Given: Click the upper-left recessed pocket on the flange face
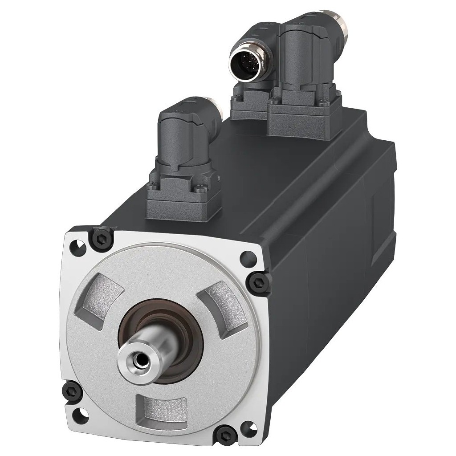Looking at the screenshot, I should tap(105, 293).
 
